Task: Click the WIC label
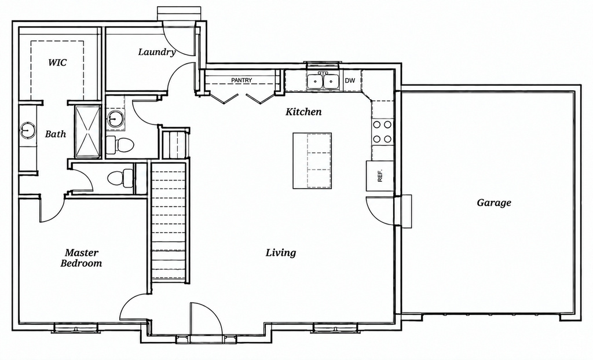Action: tap(57, 62)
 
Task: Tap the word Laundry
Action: tap(156, 52)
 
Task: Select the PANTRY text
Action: tap(241, 80)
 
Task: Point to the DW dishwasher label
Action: tap(350, 80)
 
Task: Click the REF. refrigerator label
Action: tap(380, 175)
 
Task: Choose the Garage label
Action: tap(494, 203)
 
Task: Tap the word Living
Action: tap(281, 252)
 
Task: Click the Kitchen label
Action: tap(303, 112)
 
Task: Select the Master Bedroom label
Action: tap(81, 258)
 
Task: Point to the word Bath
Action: tap(56, 134)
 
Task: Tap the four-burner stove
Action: tap(382, 131)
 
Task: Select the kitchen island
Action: tap(312, 160)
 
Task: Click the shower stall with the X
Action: tap(87, 131)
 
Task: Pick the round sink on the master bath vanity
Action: tap(27, 130)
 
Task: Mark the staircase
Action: tap(169, 223)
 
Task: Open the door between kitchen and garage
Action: tap(380, 211)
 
